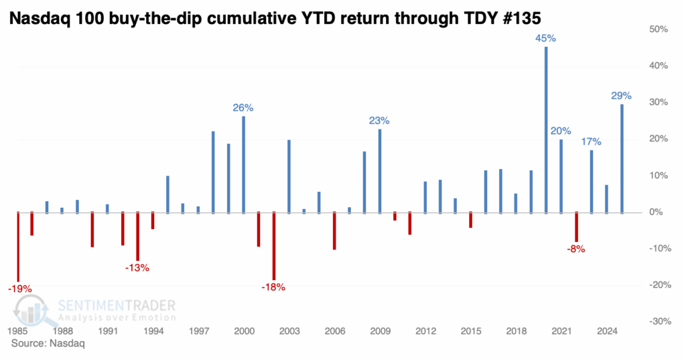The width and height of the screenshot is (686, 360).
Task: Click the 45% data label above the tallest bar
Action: (545, 39)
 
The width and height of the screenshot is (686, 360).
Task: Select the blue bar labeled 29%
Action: (622, 158)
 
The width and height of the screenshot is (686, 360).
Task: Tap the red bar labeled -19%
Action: (17, 246)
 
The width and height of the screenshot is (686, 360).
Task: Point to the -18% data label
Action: (273, 287)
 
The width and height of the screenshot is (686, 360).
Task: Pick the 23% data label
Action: (379, 121)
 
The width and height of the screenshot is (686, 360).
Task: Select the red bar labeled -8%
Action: (576, 227)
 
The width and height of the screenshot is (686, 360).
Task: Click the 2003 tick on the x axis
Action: (289, 331)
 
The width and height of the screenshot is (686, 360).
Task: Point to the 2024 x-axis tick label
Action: (606, 331)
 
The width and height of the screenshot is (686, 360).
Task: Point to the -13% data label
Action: (137, 268)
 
